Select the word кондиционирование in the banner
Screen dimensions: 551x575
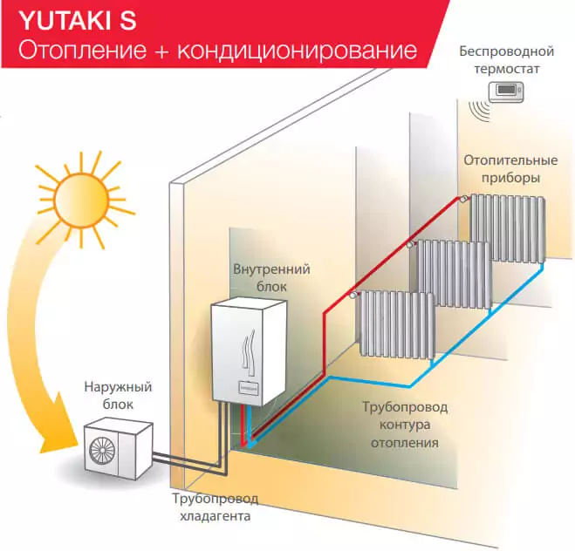pyautogui.click(x=297, y=51)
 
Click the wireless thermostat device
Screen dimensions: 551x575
pyautogui.click(x=505, y=89)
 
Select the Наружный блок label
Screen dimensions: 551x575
pyautogui.click(x=118, y=394)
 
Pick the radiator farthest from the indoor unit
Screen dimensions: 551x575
pyautogui.click(x=509, y=228)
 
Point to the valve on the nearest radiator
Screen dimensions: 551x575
pyautogui.click(x=353, y=296)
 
